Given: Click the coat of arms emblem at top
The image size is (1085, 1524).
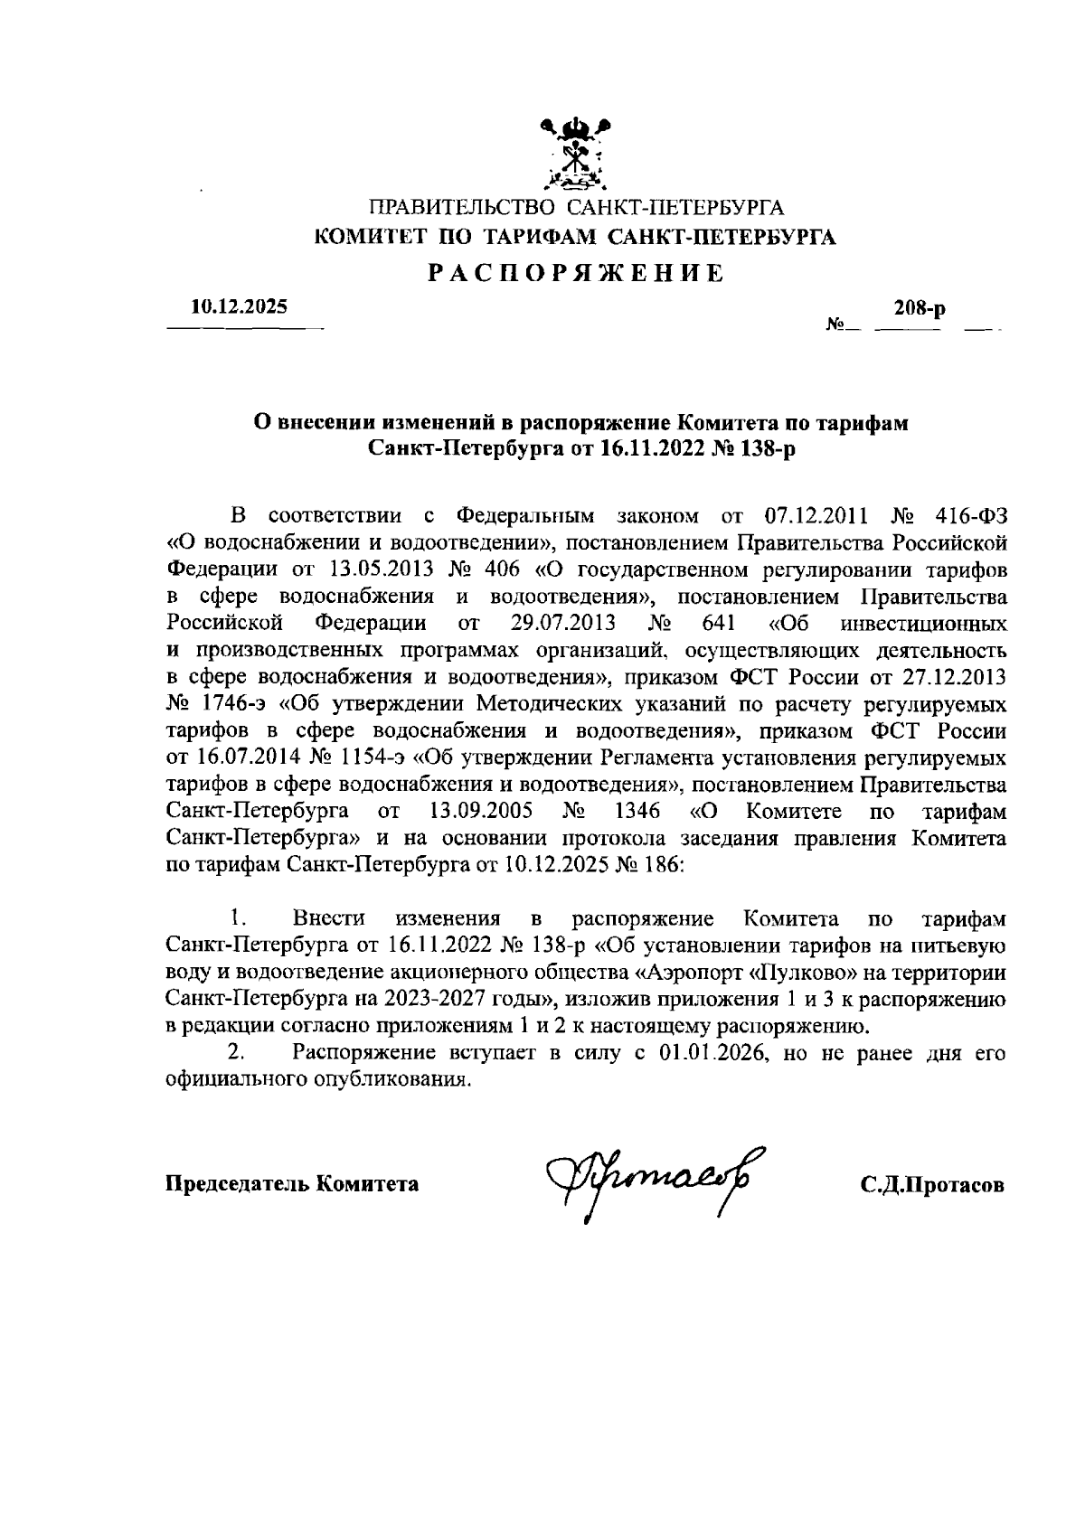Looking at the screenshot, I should (575, 153).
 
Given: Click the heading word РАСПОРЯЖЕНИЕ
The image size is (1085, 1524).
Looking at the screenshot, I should (575, 272).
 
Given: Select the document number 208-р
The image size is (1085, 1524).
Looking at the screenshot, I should (919, 309).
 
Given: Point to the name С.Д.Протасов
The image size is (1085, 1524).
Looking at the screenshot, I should (932, 1185).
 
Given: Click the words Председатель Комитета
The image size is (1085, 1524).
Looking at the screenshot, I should (291, 1184).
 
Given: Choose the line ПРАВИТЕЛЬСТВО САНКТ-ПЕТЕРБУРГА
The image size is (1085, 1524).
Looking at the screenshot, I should (575, 211).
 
